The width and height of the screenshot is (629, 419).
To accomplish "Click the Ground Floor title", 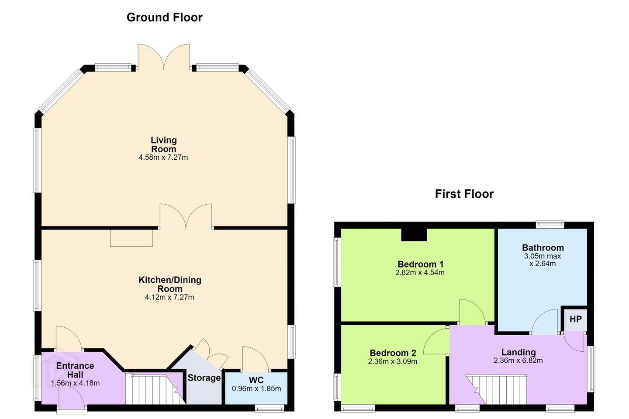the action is pos(164,17).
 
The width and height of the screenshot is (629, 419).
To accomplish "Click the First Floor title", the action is pos(464,194).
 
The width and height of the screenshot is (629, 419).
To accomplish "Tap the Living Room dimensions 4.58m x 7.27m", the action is pos(163,157).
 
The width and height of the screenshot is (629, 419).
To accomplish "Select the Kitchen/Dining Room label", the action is pos(170,284).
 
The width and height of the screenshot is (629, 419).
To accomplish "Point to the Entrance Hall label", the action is pos(75,370).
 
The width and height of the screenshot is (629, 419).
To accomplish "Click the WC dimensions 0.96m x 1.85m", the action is pos(256,389).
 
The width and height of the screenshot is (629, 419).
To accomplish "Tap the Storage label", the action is pos(204,378).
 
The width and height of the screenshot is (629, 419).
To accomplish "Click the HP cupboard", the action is pos(575,319).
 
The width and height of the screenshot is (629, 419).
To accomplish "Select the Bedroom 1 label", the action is pos(420,264).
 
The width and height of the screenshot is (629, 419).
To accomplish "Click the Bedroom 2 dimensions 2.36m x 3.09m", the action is pos(393,361).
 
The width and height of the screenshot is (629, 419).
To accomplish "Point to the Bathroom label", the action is pos(543,247).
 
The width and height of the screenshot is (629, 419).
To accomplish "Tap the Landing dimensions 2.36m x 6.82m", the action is pos(518,361).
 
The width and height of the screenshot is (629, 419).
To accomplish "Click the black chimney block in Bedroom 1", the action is pos(414,235).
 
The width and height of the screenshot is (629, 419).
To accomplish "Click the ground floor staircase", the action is pos(156,389).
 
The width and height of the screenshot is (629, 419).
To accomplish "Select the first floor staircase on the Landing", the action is pos(496,390).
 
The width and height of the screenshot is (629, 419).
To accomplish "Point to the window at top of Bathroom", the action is pos(550,224).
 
